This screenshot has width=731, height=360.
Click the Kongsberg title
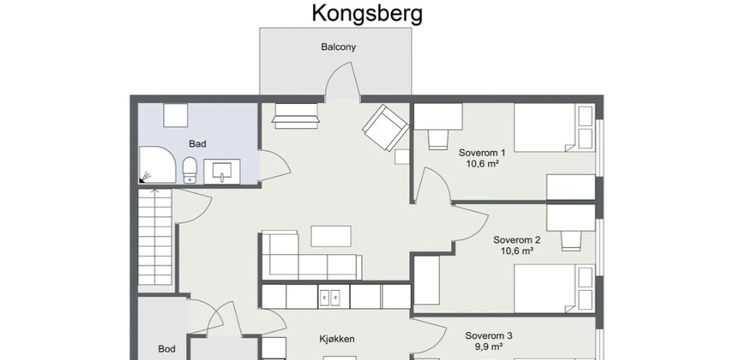click(367, 14)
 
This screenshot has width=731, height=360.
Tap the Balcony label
click(339, 47)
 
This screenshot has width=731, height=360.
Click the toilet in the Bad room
click(190, 170)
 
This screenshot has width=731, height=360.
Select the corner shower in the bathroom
click(158, 165)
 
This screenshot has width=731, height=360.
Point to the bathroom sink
click(222, 171)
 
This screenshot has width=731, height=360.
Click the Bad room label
click(198, 144)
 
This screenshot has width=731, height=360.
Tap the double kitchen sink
click(330, 298)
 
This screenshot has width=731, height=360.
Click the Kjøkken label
click(337, 339)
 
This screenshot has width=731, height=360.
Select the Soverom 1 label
click(482, 153)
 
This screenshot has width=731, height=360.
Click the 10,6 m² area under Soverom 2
click(517, 251)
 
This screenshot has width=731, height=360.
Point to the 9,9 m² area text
click(488, 347)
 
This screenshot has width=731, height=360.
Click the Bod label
click(167, 349)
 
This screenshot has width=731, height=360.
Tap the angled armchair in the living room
click(385, 128)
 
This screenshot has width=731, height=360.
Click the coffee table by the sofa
click(331, 236)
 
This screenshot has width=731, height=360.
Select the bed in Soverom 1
click(555, 128)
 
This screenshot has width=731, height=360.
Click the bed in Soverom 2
click(555, 288)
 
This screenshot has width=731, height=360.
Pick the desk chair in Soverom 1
click(438, 139)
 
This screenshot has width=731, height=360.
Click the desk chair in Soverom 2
click(571, 241)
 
